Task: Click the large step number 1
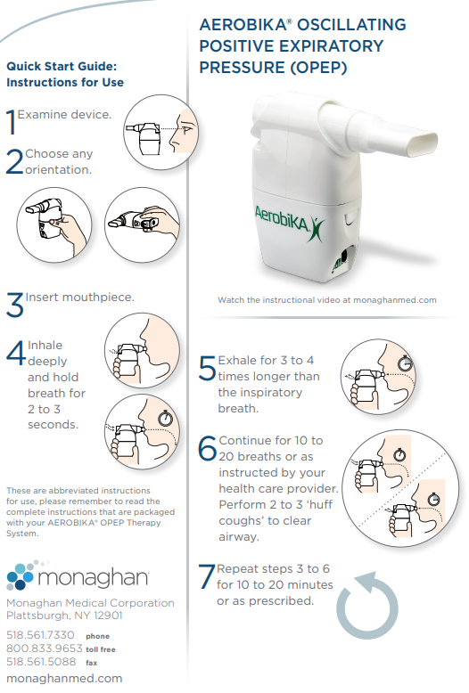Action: [x=11, y=121]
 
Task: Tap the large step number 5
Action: [x=207, y=368]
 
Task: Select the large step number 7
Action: [x=207, y=576]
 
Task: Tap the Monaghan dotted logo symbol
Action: [x=21, y=575]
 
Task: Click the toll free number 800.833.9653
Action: [x=45, y=648]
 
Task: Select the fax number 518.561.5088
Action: [x=41, y=662]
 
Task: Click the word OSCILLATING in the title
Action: [x=351, y=25]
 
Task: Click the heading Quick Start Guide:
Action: [x=62, y=66]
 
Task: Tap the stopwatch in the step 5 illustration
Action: [x=406, y=363]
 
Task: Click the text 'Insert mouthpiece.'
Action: [x=79, y=297]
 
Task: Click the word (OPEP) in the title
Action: [x=318, y=68]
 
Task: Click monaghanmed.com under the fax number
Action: [x=64, y=679]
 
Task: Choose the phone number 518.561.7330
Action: [x=40, y=635]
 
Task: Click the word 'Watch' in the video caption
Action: [x=231, y=300]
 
